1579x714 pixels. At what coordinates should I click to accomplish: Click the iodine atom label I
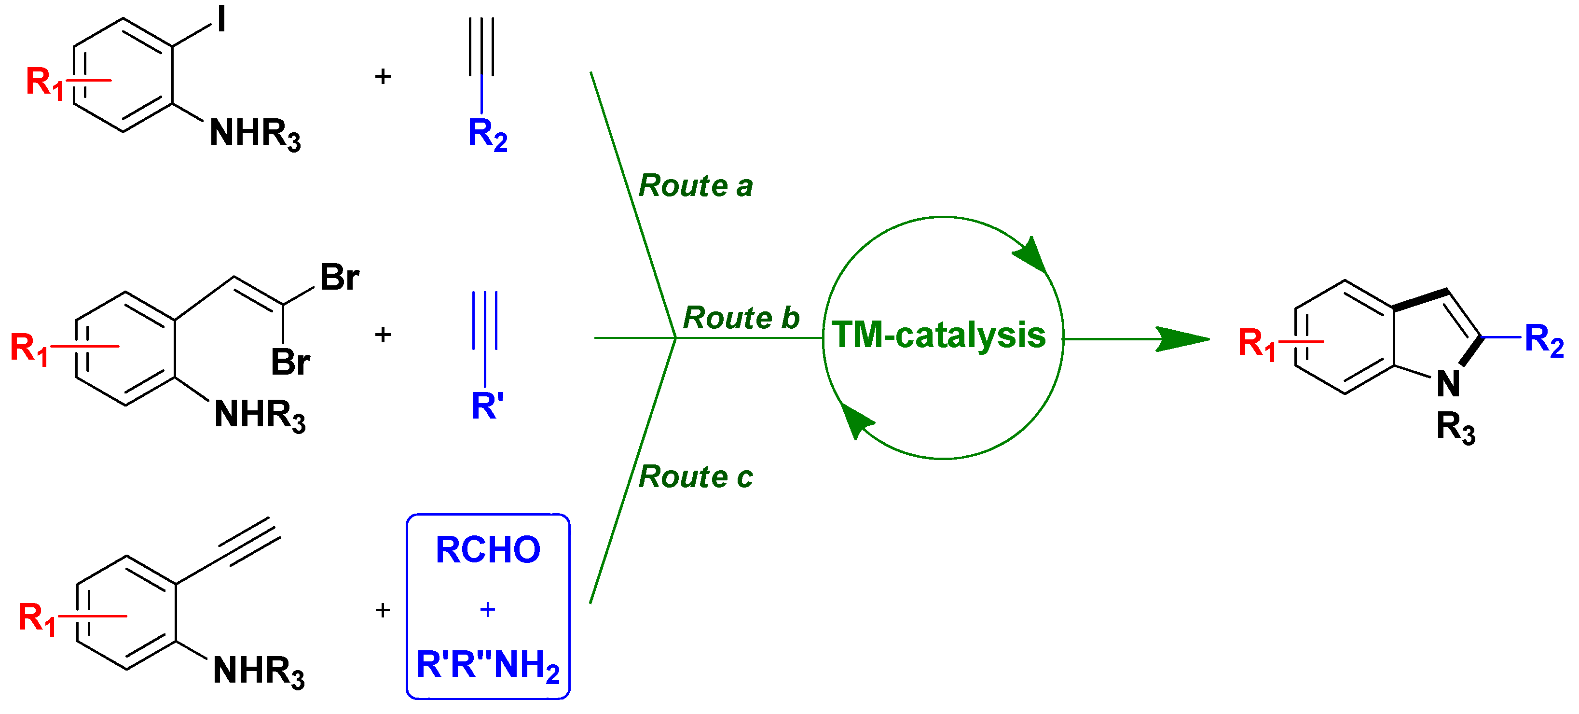tap(221, 19)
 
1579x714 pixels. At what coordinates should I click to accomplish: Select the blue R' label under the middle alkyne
tap(487, 406)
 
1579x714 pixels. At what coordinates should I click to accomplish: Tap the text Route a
tap(695, 185)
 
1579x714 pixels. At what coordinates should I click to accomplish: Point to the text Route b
tap(741, 318)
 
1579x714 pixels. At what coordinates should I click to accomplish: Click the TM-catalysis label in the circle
tap(938, 335)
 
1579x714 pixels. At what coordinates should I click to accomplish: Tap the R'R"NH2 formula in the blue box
tap(488, 665)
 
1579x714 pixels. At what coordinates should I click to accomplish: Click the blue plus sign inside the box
tap(487, 609)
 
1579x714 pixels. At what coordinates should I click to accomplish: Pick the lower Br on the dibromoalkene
tap(290, 362)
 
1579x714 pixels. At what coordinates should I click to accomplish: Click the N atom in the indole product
tap(1448, 384)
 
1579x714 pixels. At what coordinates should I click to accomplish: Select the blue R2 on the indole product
tap(1543, 340)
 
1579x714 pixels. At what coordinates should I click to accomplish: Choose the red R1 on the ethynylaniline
tap(37, 618)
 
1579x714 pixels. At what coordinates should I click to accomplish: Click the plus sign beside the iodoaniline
tap(383, 77)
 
